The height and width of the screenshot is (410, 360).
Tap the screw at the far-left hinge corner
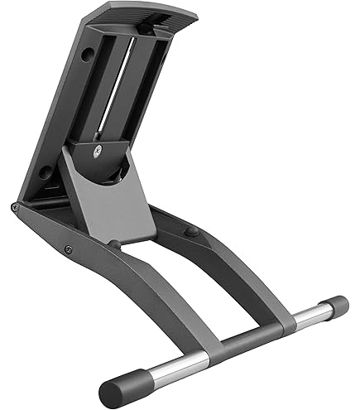[x=16, y=207]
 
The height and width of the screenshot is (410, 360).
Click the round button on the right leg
[x=191, y=231]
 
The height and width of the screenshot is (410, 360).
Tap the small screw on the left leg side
[x=68, y=249]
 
